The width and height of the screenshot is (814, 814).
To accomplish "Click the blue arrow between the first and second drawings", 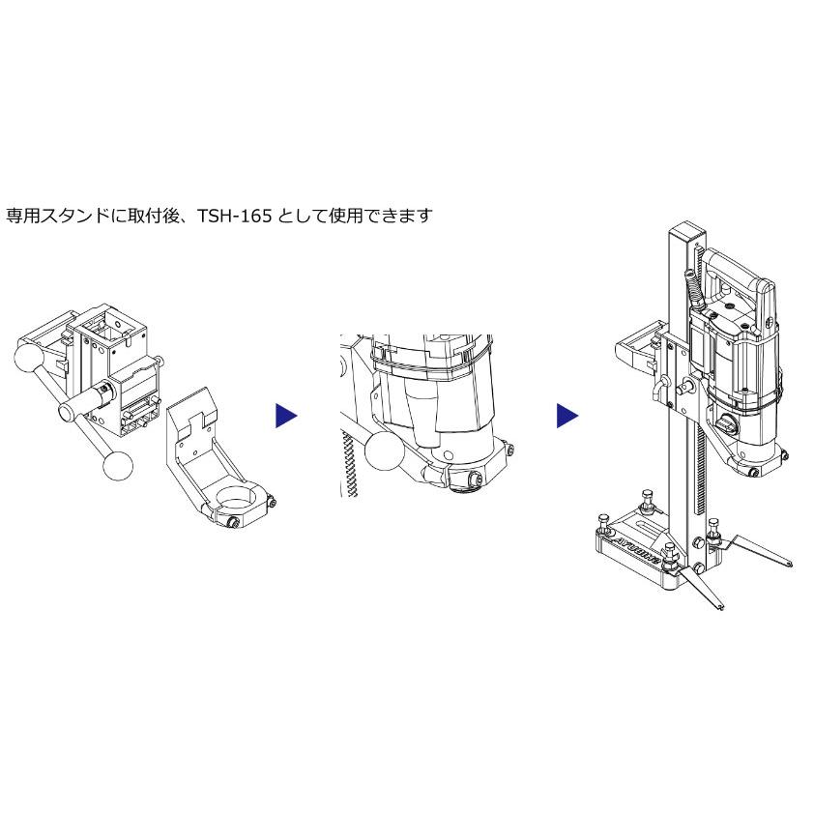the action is (x=286, y=416).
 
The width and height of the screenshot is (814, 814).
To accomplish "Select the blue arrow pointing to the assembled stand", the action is (x=567, y=416).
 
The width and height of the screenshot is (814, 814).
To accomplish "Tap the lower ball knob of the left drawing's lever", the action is (x=118, y=466).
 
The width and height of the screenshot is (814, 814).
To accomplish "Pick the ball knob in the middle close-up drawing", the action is (x=385, y=451).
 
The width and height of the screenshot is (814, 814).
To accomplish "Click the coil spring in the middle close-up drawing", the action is (x=349, y=463).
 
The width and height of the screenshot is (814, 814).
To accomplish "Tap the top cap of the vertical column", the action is (x=686, y=229).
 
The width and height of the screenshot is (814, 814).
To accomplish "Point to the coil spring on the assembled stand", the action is (x=694, y=291).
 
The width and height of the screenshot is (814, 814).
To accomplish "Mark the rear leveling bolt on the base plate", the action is (x=648, y=500).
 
